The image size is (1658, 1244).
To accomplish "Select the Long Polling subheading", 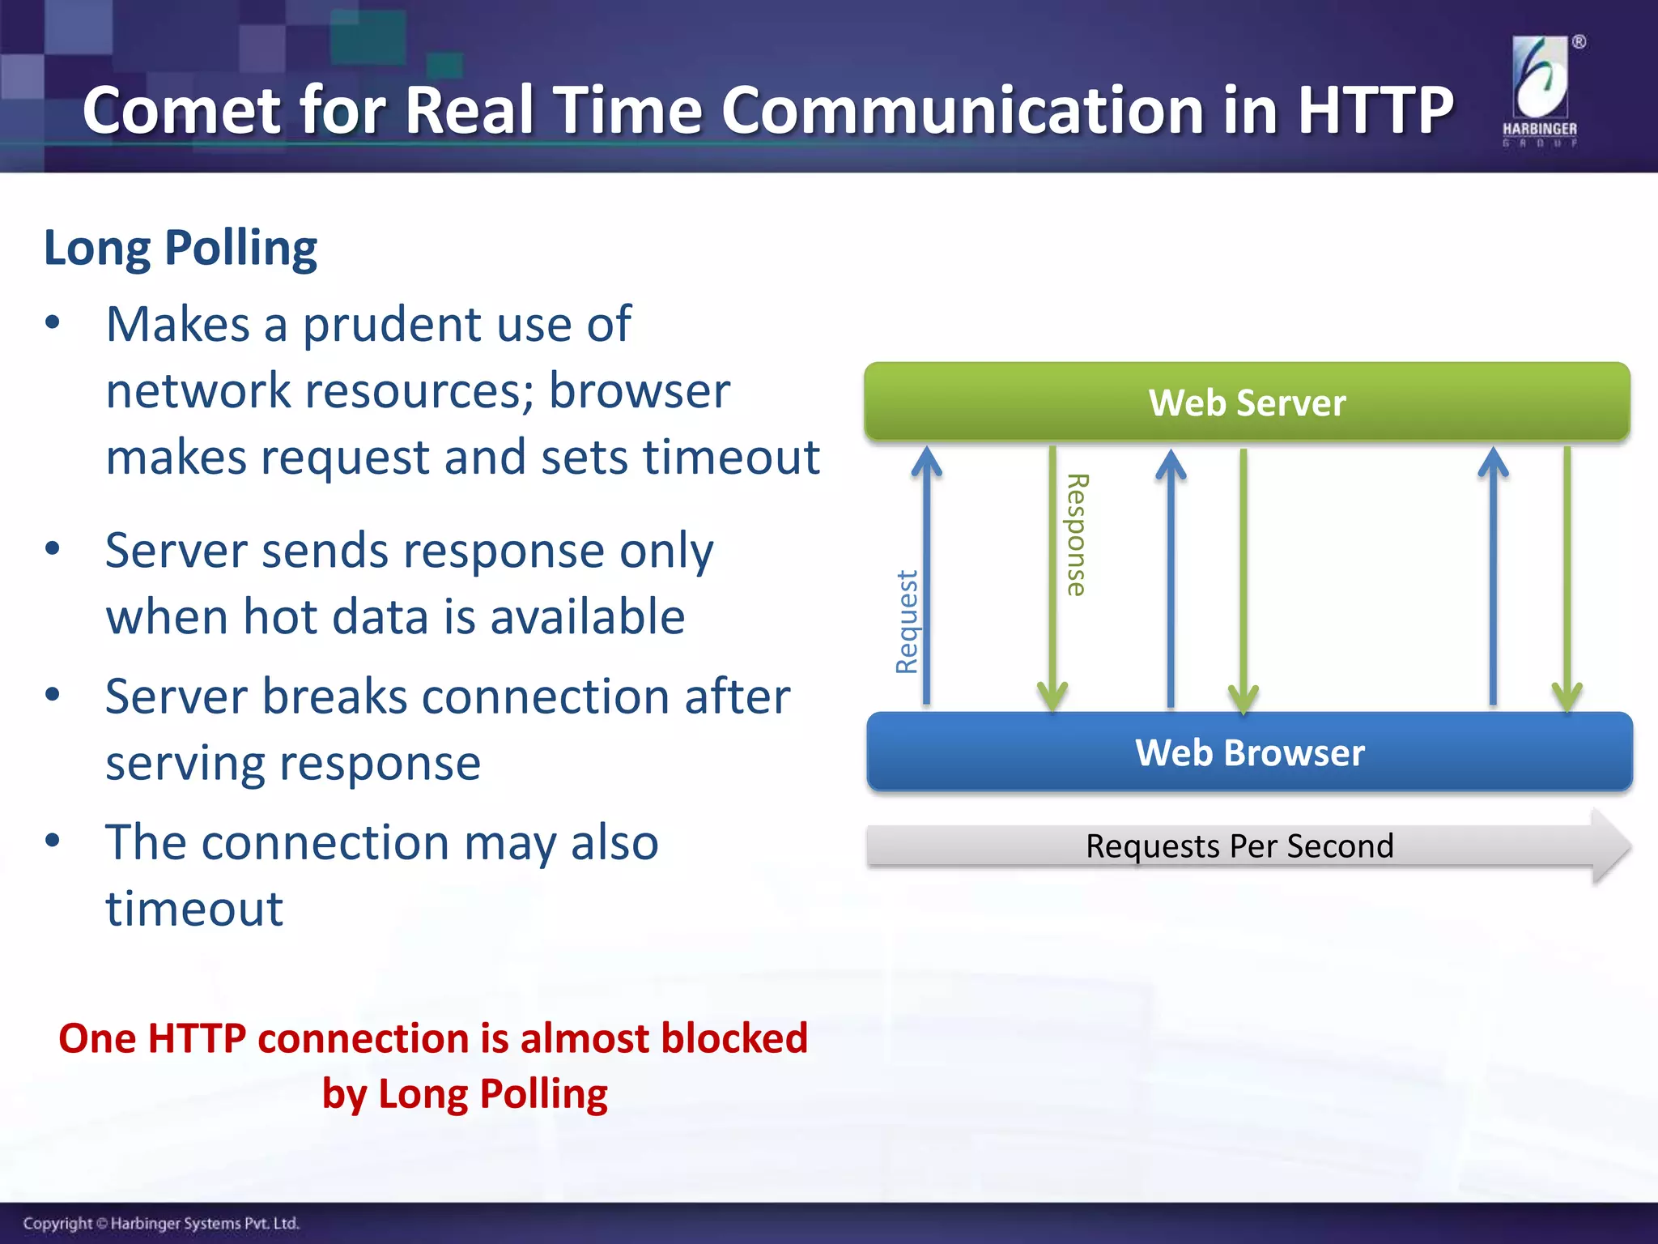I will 180,248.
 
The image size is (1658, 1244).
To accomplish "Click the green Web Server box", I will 1247,403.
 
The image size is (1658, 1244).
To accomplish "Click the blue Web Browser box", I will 1249,752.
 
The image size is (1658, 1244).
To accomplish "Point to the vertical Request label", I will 907,622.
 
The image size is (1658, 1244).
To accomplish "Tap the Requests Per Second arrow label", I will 1239,846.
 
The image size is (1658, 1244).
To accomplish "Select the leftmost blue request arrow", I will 927,575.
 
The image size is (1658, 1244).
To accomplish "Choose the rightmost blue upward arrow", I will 1493,575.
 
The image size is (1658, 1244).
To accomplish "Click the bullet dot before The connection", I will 53,840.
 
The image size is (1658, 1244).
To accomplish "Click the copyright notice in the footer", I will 161,1223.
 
